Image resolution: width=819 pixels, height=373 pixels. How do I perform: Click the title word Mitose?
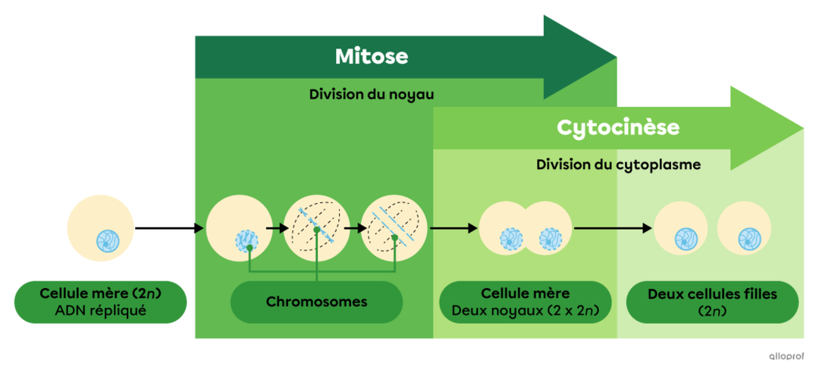click(x=372, y=57)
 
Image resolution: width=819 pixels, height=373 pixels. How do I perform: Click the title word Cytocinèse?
click(x=618, y=127)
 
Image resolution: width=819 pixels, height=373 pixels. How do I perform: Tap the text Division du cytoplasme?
click(x=618, y=165)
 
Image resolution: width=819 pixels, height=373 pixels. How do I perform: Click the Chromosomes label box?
click(x=316, y=302)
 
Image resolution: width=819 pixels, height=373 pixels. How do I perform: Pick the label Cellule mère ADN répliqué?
click(x=100, y=302)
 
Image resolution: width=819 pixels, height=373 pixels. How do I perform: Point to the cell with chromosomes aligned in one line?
click(x=316, y=227)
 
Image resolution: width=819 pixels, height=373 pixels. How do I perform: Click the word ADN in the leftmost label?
click(x=71, y=310)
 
